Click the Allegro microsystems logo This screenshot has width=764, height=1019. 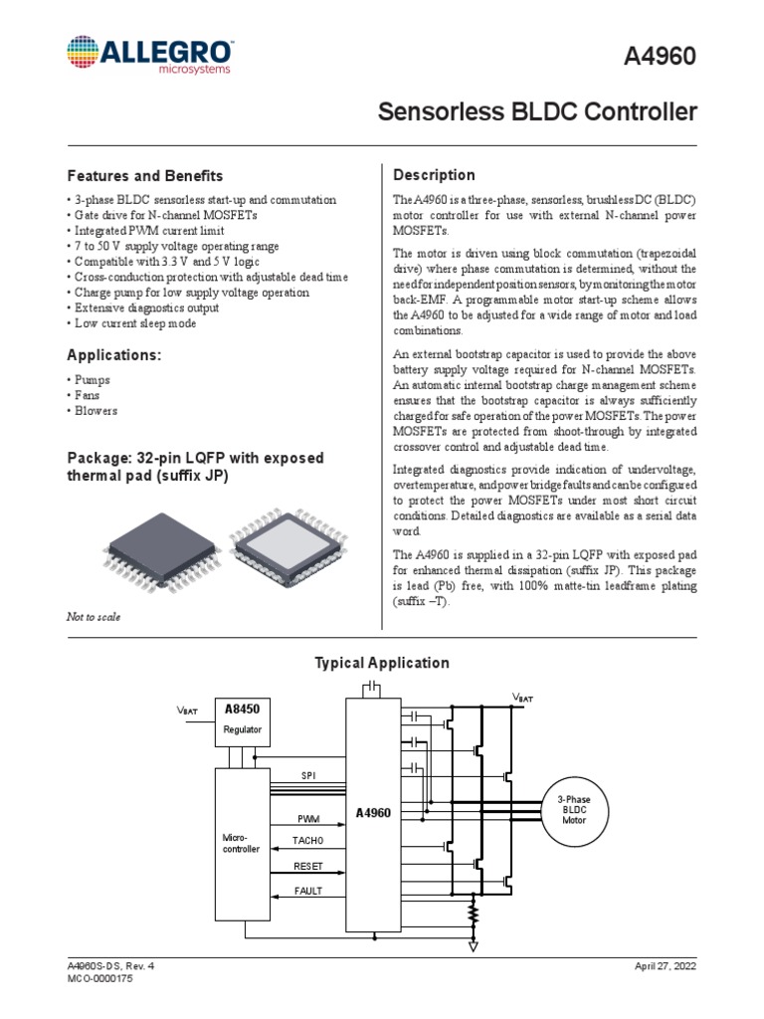coord(150,56)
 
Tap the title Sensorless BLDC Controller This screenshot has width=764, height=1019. coord(537,111)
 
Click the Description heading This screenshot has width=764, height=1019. coord(435,175)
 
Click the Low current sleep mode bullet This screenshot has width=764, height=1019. coord(134,323)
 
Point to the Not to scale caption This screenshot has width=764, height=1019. coord(93,617)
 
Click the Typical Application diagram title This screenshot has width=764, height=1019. coord(382,663)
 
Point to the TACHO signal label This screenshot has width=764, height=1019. coord(307,841)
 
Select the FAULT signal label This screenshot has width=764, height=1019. coord(307,891)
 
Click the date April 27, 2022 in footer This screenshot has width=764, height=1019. coord(665,966)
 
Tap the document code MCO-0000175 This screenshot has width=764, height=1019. coord(99,979)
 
